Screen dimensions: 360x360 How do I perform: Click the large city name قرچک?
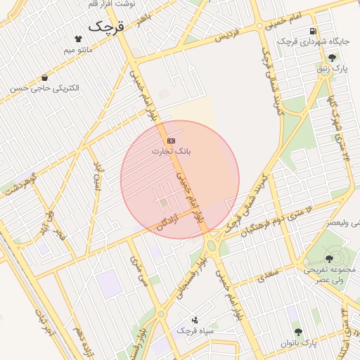pos(105,27)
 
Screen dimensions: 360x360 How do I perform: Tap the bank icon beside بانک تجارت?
pos(172,141)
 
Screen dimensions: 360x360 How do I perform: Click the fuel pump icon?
pos(313,32)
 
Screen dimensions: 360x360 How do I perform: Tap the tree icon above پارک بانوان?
pos(299,331)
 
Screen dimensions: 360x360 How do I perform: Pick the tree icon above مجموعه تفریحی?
pos(329,259)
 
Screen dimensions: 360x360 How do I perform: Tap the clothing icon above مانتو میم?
pos(78,39)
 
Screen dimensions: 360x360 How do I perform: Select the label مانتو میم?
pos(78,51)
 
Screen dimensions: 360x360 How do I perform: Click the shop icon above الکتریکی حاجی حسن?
pos(45,77)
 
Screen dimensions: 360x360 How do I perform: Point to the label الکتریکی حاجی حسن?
pos(45,89)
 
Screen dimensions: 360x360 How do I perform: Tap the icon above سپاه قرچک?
pos(195,319)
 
